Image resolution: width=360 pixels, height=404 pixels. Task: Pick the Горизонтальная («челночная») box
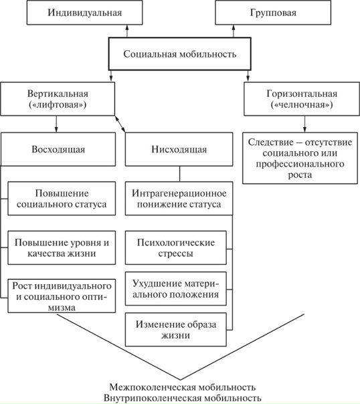coord(300,100)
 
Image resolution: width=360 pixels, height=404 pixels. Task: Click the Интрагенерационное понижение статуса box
coord(179,199)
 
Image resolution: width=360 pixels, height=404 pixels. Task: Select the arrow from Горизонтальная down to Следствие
coord(303,123)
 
